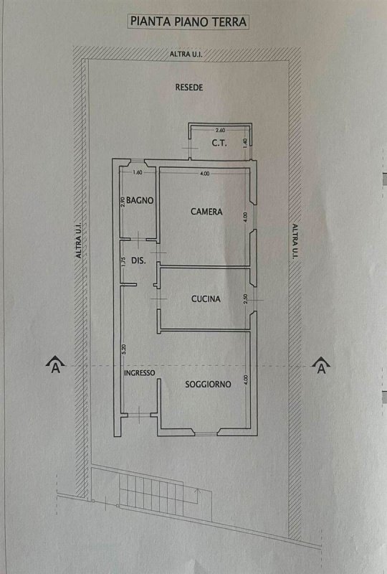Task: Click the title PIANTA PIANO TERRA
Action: (x=188, y=22)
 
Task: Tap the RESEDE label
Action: (x=188, y=88)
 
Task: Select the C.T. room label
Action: (x=219, y=143)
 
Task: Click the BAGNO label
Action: (x=140, y=200)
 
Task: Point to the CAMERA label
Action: (x=206, y=212)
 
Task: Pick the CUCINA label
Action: (x=206, y=299)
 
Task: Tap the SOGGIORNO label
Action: (x=208, y=385)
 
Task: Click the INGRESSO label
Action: (x=139, y=373)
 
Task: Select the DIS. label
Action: (x=138, y=260)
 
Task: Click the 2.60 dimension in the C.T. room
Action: (x=220, y=130)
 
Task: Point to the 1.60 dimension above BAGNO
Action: (x=138, y=172)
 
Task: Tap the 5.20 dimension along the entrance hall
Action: (x=124, y=349)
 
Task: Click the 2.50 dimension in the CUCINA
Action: (x=245, y=299)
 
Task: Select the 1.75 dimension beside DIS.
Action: (x=123, y=261)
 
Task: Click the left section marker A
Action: (x=55, y=364)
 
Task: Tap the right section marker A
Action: (x=321, y=365)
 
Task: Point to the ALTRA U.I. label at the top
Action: (x=186, y=55)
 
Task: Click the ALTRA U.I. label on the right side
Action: (x=295, y=241)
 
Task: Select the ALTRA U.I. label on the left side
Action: (x=79, y=241)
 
